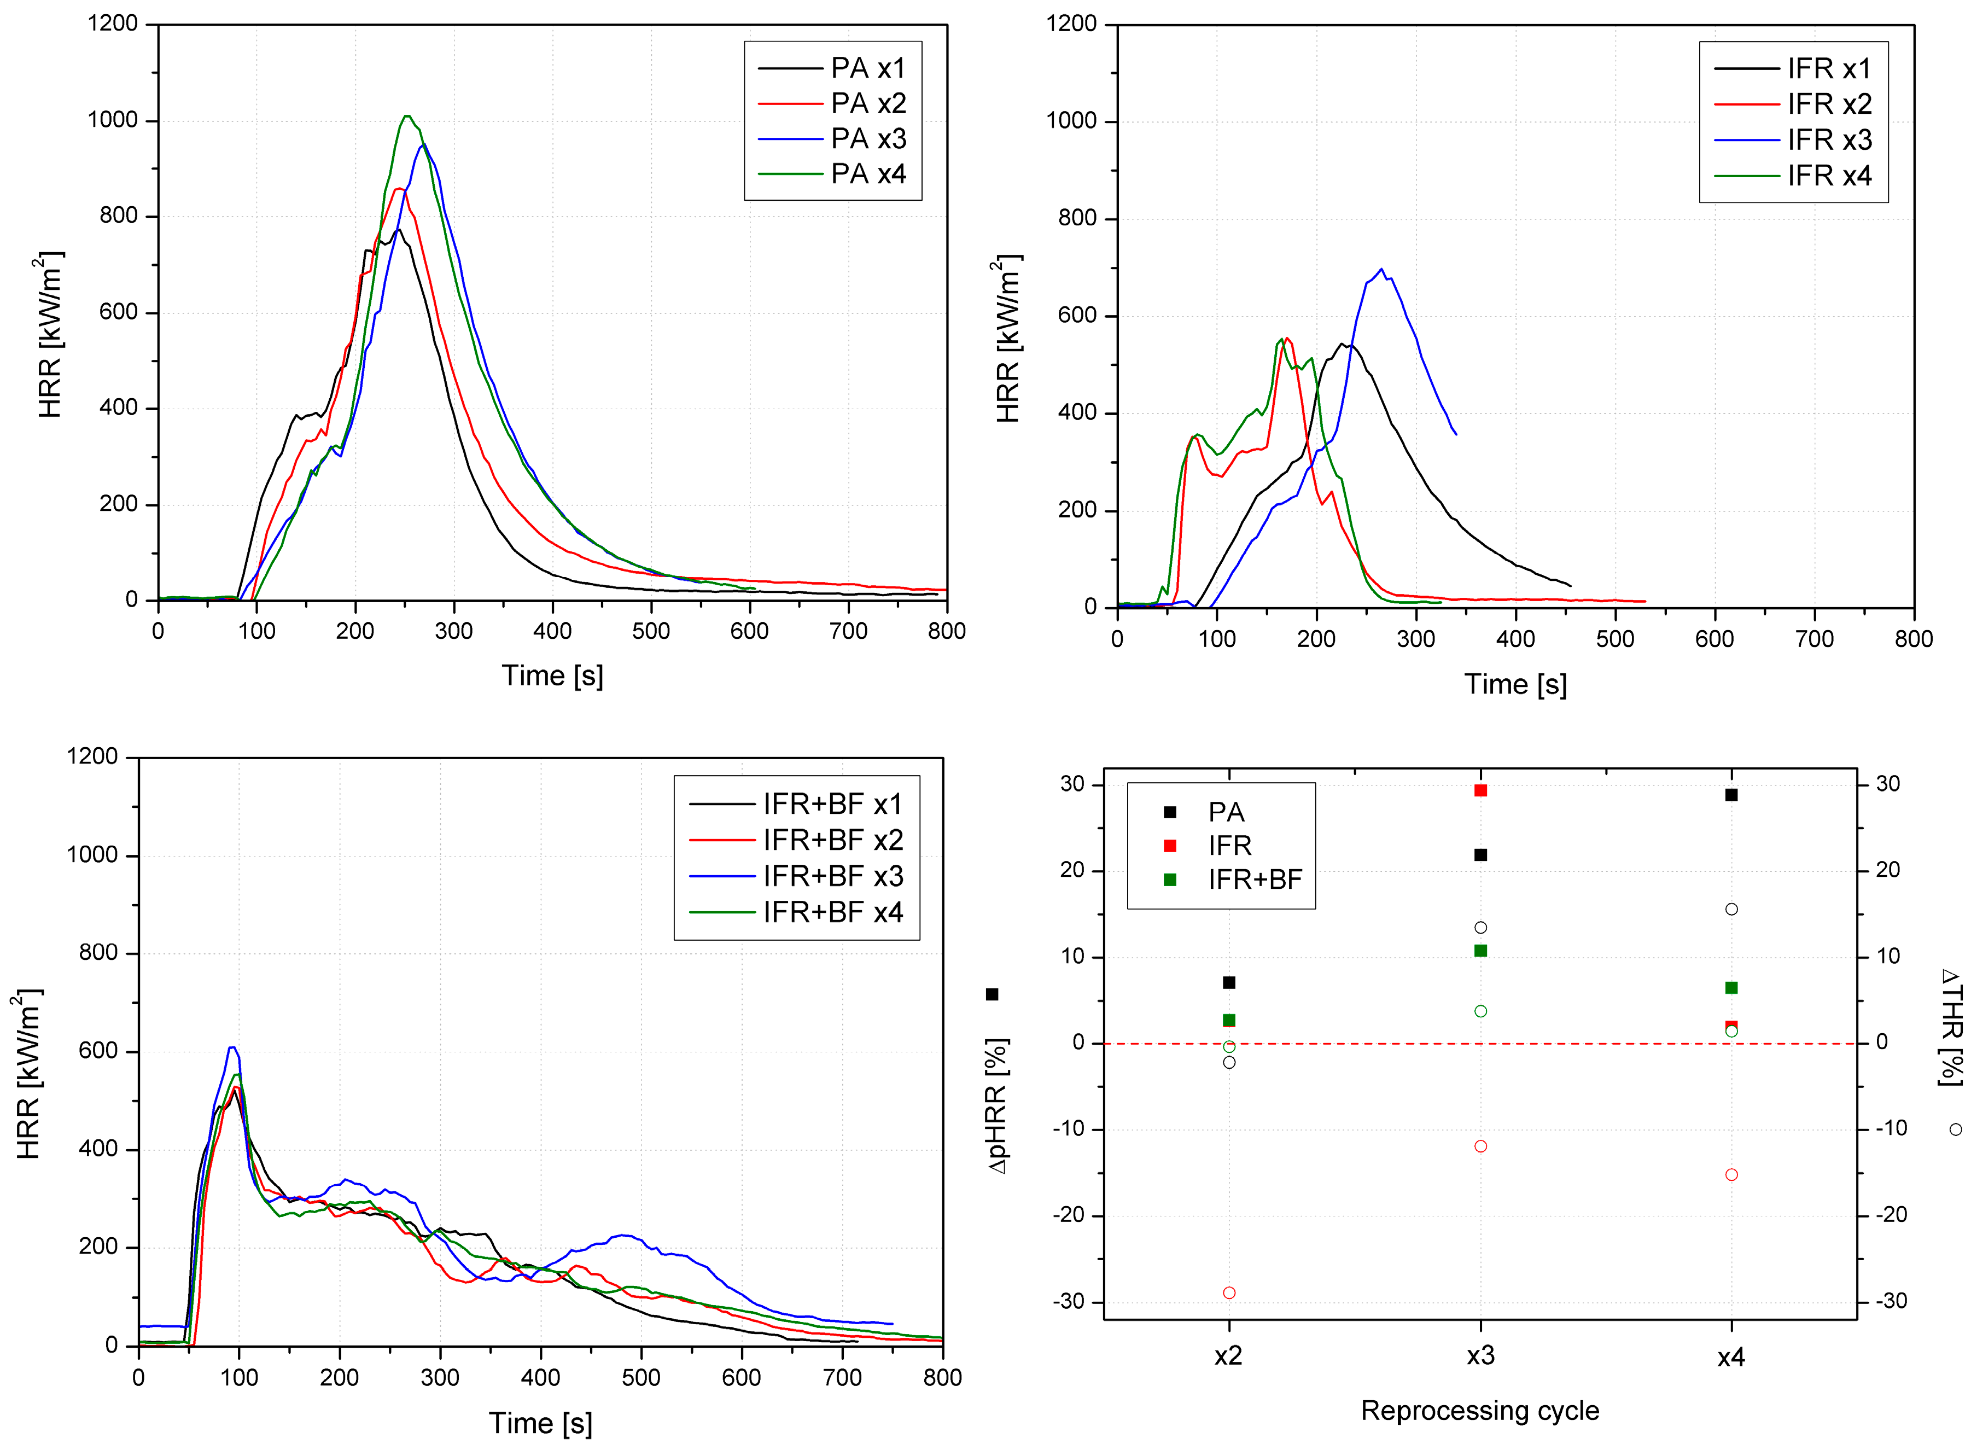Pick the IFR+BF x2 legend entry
pyautogui.click(x=832, y=840)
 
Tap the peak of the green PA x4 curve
pyautogui.click(x=406, y=116)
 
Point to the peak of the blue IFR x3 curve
pyautogui.click(x=1381, y=270)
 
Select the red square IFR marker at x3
pyautogui.click(x=1480, y=790)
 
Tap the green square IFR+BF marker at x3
pyautogui.click(x=1480, y=951)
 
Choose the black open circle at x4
pyautogui.click(x=1731, y=909)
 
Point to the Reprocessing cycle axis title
pyautogui.click(x=1479, y=1411)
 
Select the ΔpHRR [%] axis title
pyautogui.click(x=998, y=1106)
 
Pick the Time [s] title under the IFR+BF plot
pyautogui.click(x=540, y=1423)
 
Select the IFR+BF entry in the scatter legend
pyautogui.click(x=1254, y=880)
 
